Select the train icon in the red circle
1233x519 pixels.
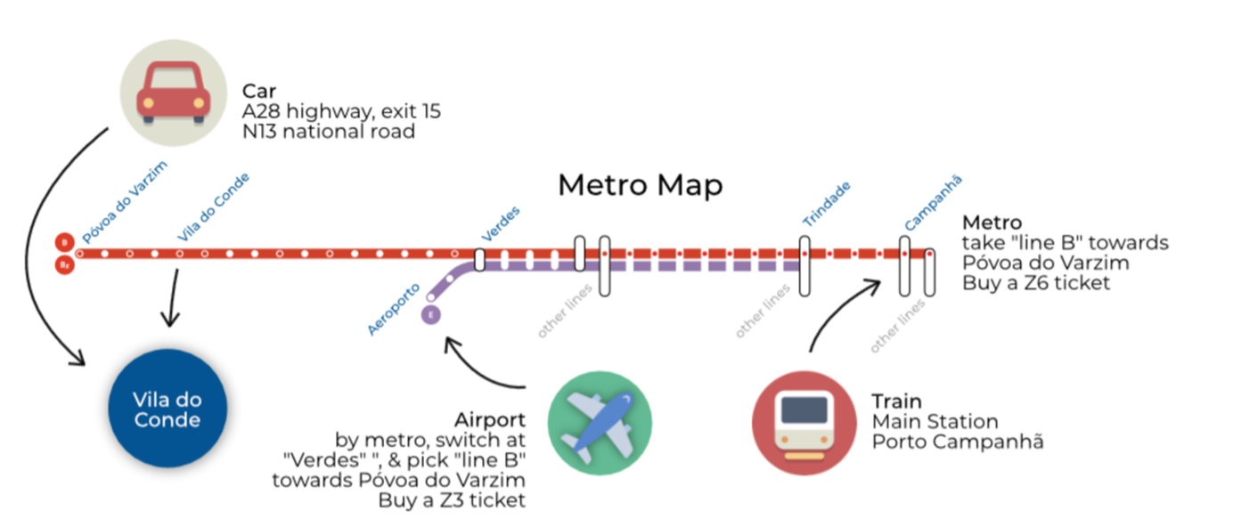tap(804, 423)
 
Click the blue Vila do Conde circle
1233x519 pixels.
tap(167, 410)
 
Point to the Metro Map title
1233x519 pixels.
tap(640, 185)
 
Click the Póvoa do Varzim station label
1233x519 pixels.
tap(125, 202)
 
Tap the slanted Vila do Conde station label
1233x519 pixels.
tap(214, 207)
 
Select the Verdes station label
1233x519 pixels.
tap(501, 224)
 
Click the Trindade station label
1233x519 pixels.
tap(827, 204)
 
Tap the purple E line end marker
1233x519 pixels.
tap(431, 314)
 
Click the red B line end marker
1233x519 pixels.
tap(64, 242)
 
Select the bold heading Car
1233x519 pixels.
tap(259, 92)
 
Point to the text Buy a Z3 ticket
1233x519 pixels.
tap(452, 500)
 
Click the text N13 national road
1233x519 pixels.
tap(329, 132)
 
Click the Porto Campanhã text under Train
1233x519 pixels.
tap(957, 442)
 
